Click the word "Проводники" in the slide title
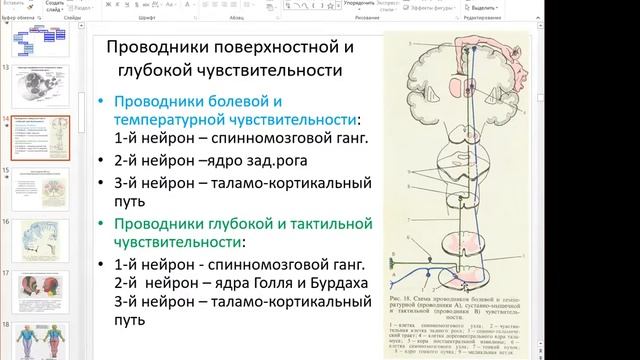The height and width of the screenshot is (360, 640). coord(152,48)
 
